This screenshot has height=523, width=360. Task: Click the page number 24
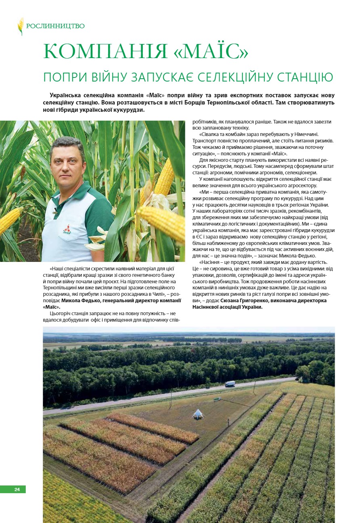pyautogui.click(x=17, y=490)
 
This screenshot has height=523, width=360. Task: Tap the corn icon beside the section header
pyautogui.click(x=21, y=26)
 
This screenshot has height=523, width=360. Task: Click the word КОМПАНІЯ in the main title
pyautogui.click(x=104, y=52)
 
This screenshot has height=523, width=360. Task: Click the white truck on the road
pyautogui.click(x=230, y=383)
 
